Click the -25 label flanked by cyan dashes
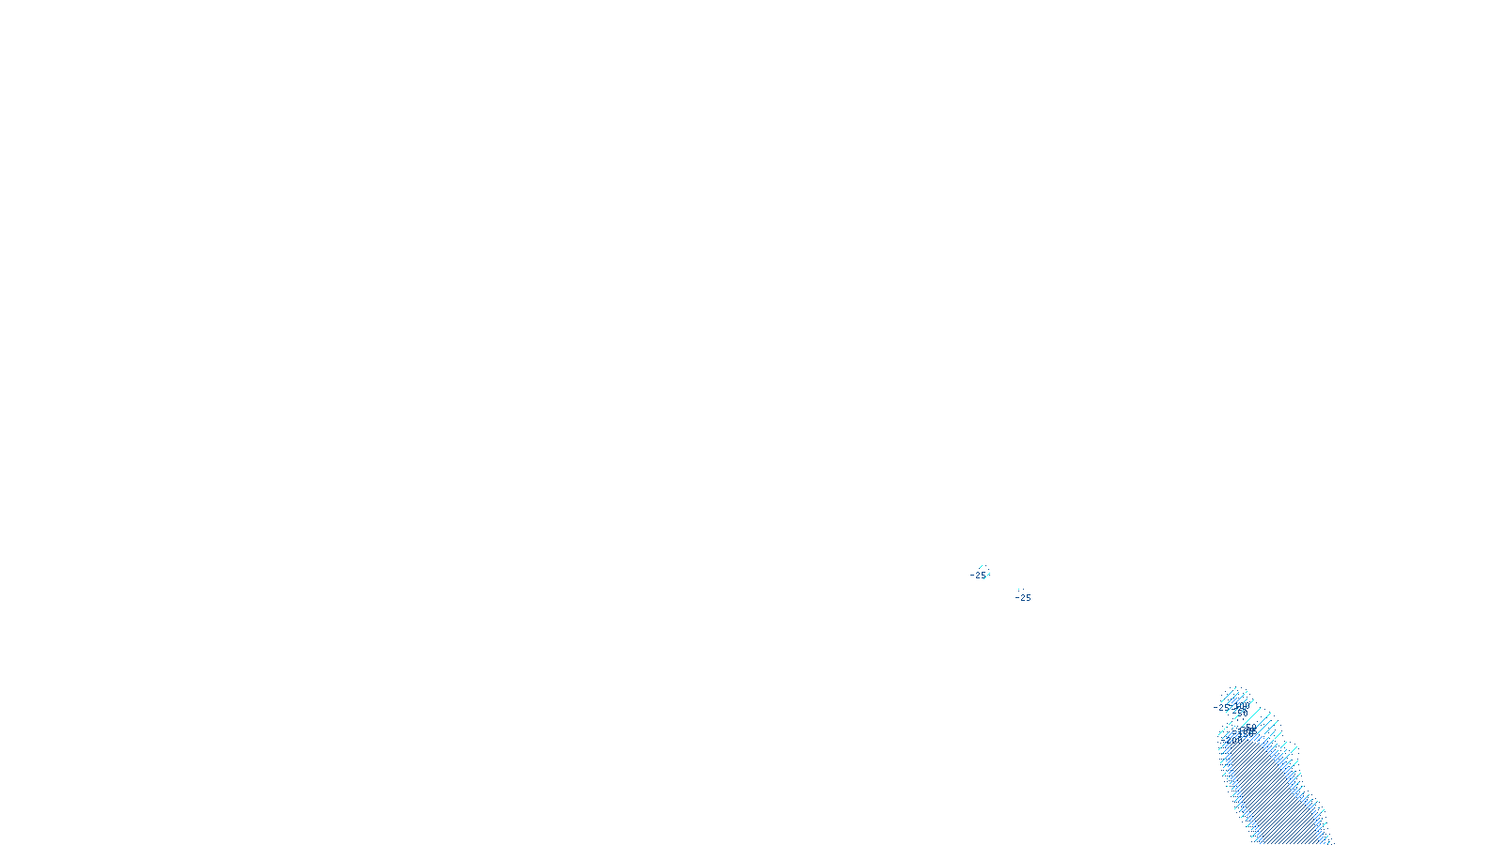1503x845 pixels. (980, 575)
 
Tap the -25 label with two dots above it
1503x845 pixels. (1024, 597)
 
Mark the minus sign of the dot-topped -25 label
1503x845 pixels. (1017, 597)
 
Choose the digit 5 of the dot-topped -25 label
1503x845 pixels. (1028, 597)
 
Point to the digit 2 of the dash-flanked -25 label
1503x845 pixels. (978, 575)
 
